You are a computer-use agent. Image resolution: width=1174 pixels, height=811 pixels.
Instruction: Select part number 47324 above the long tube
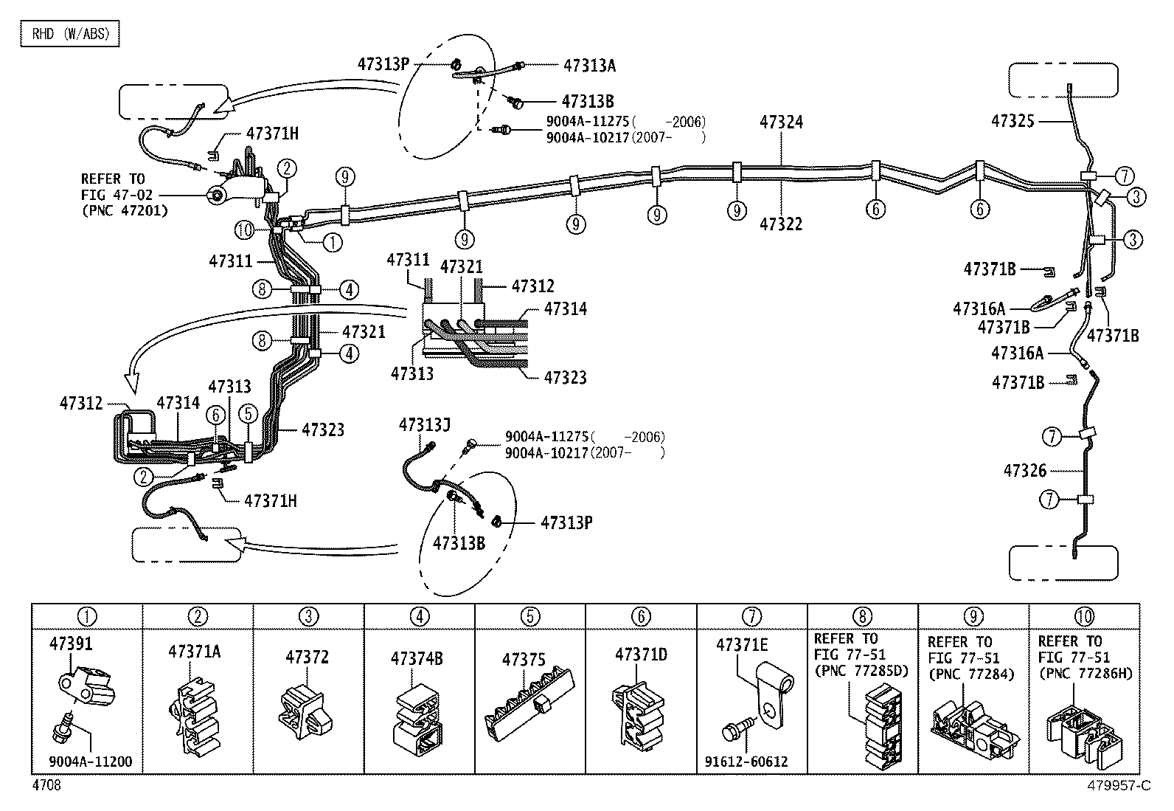[x=782, y=122]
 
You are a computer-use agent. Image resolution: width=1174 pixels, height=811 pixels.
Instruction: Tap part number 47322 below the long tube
[x=782, y=224]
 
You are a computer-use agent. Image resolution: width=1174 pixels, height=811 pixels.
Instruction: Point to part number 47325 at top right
[x=1014, y=120]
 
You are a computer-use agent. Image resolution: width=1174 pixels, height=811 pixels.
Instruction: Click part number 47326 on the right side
[x=1025, y=470]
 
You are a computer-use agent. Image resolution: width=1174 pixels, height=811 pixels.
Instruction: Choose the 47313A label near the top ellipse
[x=589, y=66]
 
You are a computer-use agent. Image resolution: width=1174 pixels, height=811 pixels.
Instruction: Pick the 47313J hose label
[x=425, y=424]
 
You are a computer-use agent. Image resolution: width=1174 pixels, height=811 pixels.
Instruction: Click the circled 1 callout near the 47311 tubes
[x=333, y=241]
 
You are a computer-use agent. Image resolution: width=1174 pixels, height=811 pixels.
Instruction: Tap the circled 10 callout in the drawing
[x=244, y=230]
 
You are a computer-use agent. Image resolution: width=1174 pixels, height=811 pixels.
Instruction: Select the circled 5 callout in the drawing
[x=249, y=414]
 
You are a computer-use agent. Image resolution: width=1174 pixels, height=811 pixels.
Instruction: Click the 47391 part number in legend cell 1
[x=72, y=643]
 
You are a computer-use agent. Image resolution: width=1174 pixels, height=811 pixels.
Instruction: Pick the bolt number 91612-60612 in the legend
[x=751, y=761]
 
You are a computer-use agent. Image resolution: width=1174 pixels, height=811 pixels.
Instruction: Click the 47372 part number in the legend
[x=307, y=657]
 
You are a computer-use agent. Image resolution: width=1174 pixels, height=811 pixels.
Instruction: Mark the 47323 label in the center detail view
[x=565, y=378]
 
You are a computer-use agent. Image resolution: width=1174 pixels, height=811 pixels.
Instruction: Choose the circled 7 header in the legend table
[x=751, y=615]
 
